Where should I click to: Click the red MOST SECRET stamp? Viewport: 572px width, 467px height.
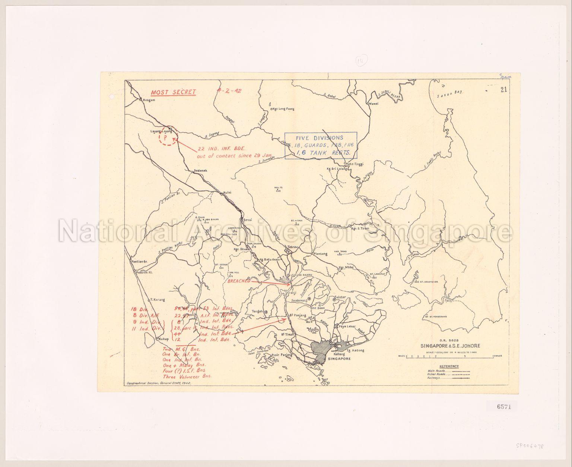(173, 92)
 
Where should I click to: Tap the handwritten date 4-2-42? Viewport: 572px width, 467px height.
(230, 91)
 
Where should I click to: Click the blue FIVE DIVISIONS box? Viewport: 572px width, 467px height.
(321, 145)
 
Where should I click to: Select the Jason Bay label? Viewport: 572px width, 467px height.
(449, 94)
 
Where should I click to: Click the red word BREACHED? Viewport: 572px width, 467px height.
(239, 281)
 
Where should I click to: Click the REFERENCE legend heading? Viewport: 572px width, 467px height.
(449, 366)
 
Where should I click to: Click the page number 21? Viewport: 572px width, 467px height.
(504, 89)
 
